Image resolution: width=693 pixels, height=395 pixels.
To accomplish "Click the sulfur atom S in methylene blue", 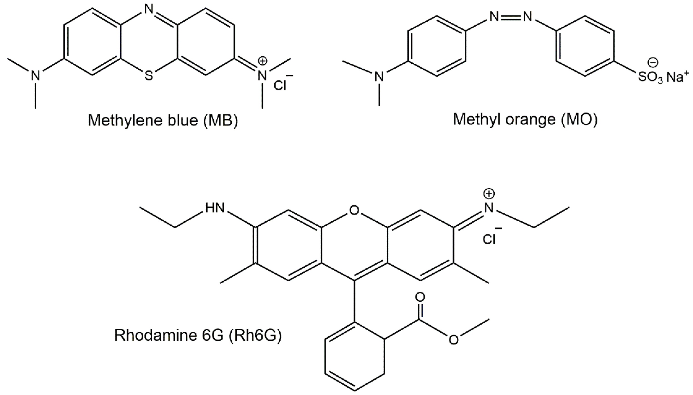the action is pos(149,75).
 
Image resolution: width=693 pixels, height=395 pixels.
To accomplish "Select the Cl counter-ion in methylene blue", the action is pos(280,85).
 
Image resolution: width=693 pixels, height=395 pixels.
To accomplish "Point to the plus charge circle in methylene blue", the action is pos(263,61).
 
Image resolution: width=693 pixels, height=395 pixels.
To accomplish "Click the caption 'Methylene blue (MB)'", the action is pos(163,120).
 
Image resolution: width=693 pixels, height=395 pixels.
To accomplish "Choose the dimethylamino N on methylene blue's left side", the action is pos(35,75).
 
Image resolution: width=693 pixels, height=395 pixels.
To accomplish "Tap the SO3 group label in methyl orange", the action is pos(650,77).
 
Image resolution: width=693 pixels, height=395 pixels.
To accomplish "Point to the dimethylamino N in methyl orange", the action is pos(379,77).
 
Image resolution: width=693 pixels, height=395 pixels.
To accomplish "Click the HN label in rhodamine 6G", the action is pos(215,208).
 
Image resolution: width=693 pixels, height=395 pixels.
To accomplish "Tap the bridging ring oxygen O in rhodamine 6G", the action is pos(354,210).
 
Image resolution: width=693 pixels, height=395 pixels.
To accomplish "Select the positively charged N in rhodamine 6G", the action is pos(489,208).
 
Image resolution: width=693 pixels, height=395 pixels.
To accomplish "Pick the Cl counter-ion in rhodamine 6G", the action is pos(489,239).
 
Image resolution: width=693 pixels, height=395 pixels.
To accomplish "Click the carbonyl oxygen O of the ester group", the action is pos(420,297).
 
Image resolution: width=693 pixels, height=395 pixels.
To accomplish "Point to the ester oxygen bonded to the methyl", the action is pos(453,340).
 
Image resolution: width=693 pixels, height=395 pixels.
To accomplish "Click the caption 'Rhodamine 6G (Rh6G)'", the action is pos(198,335).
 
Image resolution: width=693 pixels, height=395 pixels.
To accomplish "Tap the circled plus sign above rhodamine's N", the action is pos(489,194).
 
